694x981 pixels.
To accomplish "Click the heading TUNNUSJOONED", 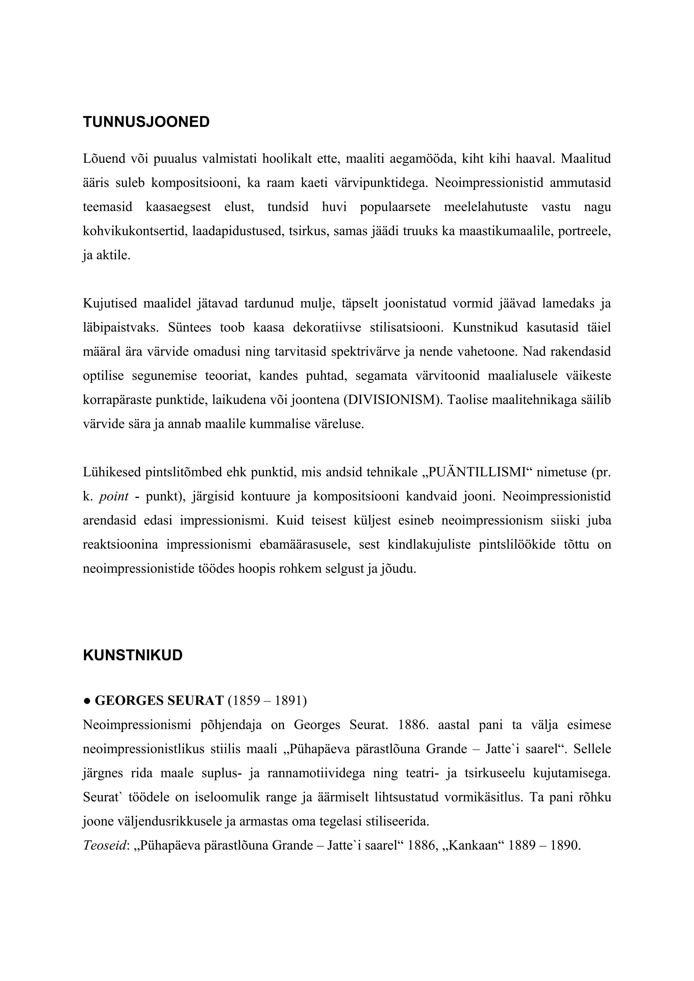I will (146, 122).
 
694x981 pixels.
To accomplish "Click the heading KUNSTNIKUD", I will (132, 655).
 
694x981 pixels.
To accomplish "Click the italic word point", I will (114, 497).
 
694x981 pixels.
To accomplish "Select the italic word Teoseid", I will (105, 845).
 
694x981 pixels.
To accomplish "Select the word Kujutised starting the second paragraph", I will (110, 304).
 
